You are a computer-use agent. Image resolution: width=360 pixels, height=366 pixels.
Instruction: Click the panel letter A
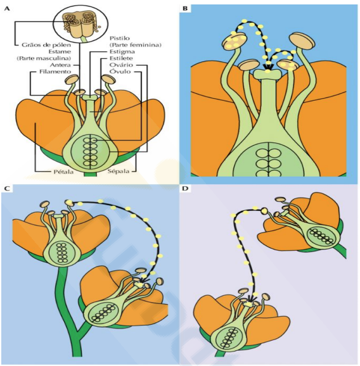7,9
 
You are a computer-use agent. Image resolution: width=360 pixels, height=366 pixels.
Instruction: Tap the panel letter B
185,9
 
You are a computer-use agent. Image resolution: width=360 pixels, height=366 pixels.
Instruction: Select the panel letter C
7,189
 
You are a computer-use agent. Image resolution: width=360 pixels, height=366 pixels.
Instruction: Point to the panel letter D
185,189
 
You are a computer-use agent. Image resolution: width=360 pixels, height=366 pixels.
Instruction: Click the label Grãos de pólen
46,44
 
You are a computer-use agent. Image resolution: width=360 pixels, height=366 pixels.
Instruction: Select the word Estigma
122,51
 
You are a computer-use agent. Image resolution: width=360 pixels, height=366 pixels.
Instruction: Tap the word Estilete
121,58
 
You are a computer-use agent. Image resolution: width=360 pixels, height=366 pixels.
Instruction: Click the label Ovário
121,65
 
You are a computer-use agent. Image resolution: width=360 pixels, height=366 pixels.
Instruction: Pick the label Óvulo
120,71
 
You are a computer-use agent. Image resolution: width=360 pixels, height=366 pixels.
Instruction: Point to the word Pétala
63,172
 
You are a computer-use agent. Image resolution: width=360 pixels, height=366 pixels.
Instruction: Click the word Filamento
55,72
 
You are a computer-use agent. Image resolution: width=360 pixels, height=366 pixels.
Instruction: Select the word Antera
60,65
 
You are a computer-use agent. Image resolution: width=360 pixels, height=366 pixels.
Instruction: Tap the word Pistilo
120,38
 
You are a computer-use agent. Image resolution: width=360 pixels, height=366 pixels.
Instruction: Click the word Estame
60,51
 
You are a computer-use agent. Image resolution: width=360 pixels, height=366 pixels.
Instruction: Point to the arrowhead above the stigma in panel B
268,67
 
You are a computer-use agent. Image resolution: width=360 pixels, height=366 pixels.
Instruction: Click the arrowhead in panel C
143,279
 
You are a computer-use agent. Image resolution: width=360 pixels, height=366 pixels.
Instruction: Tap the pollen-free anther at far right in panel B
302,41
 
